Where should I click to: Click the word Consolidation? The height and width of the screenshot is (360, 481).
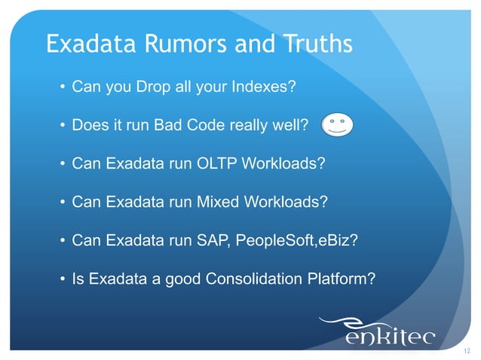point(260,279)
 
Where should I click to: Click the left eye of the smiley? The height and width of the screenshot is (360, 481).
point(332,121)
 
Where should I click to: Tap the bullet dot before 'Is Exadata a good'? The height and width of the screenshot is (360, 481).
point(62,280)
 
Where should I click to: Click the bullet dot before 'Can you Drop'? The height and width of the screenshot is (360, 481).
point(62,87)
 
